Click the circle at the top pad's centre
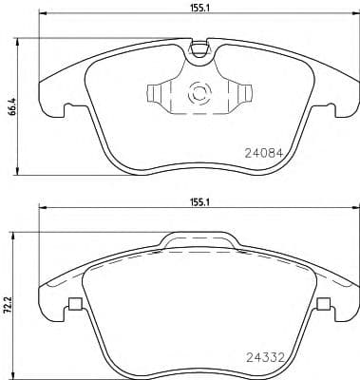pyautogui.click(x=199, y=94)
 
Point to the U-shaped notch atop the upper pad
pyautogui.click(x=199, y=47)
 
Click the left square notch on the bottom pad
pyautogui.click(x=73, y=305)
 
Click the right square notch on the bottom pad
pyautogui.click(x=323, y=305)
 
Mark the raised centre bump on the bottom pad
pyautogui.click(x=198, y=240)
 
